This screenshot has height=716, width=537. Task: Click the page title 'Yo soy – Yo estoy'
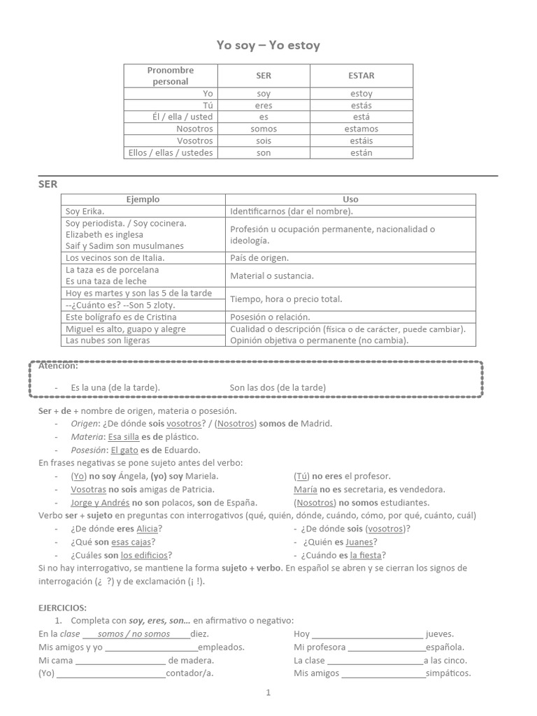coord(268,45)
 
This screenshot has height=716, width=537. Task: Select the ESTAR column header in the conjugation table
coord(361,76)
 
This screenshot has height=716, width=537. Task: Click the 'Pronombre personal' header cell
coord(171,76)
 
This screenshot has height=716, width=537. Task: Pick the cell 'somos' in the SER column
coord(264,129)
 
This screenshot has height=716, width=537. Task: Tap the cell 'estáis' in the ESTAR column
coord(361,141)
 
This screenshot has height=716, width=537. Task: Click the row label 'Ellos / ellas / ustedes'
coord(171,152)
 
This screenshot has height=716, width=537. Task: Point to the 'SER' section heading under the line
coord(48,184)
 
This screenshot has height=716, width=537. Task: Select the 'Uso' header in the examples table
coord(350,199)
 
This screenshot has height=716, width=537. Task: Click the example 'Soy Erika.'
coord(85,211)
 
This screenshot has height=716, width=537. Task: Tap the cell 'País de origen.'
coord(260,257)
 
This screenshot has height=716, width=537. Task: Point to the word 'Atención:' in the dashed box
coord(58,366)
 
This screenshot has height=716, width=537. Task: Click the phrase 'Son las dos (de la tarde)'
coord(278,387)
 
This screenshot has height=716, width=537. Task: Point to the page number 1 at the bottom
coord(268,693)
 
